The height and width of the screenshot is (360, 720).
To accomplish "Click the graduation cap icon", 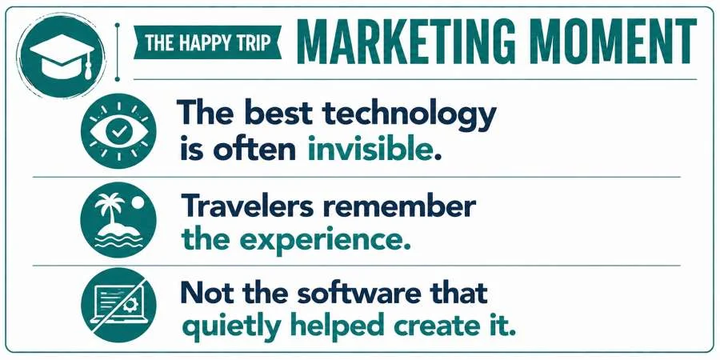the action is pos(61,55).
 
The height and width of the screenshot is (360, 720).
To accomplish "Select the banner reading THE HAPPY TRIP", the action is pos(207,42).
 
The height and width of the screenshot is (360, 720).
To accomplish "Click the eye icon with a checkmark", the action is pos(118,131).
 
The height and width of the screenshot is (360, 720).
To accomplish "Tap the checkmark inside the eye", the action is pos(118,131).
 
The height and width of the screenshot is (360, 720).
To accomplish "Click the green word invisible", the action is pos(370,150).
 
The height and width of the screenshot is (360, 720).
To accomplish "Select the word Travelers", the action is pos(247,206).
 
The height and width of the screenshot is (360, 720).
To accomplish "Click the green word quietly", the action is pos(231,327).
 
